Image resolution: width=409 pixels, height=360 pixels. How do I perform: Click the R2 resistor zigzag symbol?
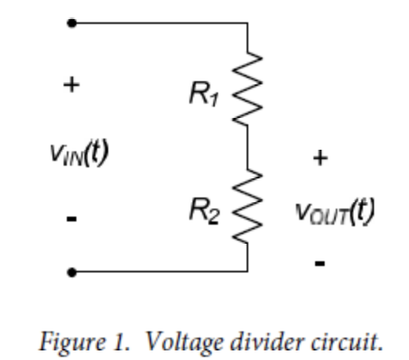click(247, 208)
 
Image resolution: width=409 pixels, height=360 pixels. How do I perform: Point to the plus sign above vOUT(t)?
click(320, 158)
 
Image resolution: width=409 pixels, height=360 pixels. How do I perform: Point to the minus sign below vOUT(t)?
click(320, 261)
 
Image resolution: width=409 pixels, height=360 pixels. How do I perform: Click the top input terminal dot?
click(72, 24)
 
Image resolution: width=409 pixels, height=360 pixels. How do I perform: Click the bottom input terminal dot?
click(72, 272)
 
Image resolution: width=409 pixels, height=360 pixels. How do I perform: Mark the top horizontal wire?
click(159, 24)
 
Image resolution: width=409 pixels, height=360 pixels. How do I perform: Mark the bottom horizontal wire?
click(159, 272)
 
